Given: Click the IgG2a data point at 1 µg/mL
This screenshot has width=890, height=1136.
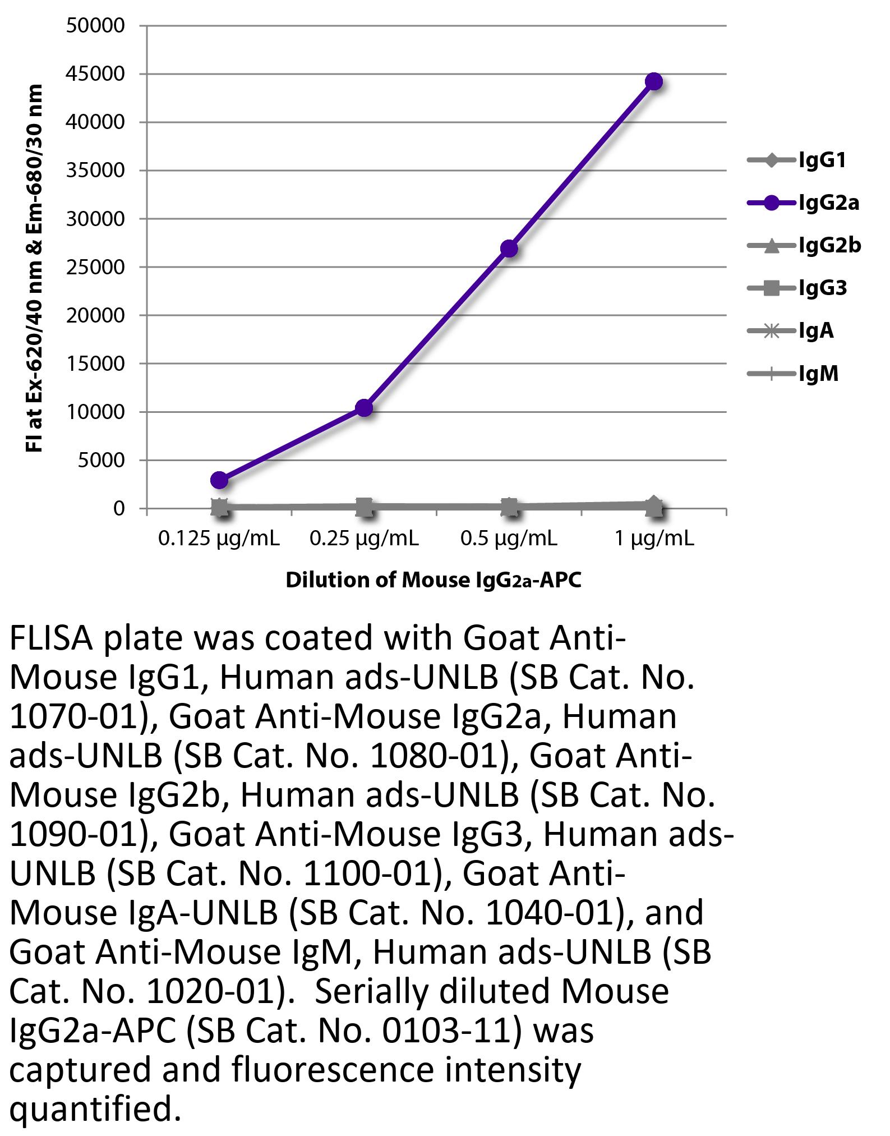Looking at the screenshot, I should (x=653, y=82).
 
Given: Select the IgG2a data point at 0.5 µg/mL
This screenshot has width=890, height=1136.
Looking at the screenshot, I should (x=509, y=249).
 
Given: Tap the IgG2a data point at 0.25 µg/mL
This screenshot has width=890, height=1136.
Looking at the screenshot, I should (x=364, y=408).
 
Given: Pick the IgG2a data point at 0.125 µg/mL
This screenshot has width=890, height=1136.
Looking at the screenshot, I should (x=219, y=480).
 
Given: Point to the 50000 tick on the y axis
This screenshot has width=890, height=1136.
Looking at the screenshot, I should (x=95, y=26).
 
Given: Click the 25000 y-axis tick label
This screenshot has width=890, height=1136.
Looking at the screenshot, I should (x=95, y=267).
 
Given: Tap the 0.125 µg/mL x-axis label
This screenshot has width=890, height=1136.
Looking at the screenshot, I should (x=219, y=539).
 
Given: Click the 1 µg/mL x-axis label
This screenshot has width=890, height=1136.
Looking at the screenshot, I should (x=654, y=539).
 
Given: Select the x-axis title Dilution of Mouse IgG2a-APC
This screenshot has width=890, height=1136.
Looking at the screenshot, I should (x=434, y=580).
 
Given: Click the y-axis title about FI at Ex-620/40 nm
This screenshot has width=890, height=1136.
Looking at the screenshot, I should (x=34, y=268).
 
